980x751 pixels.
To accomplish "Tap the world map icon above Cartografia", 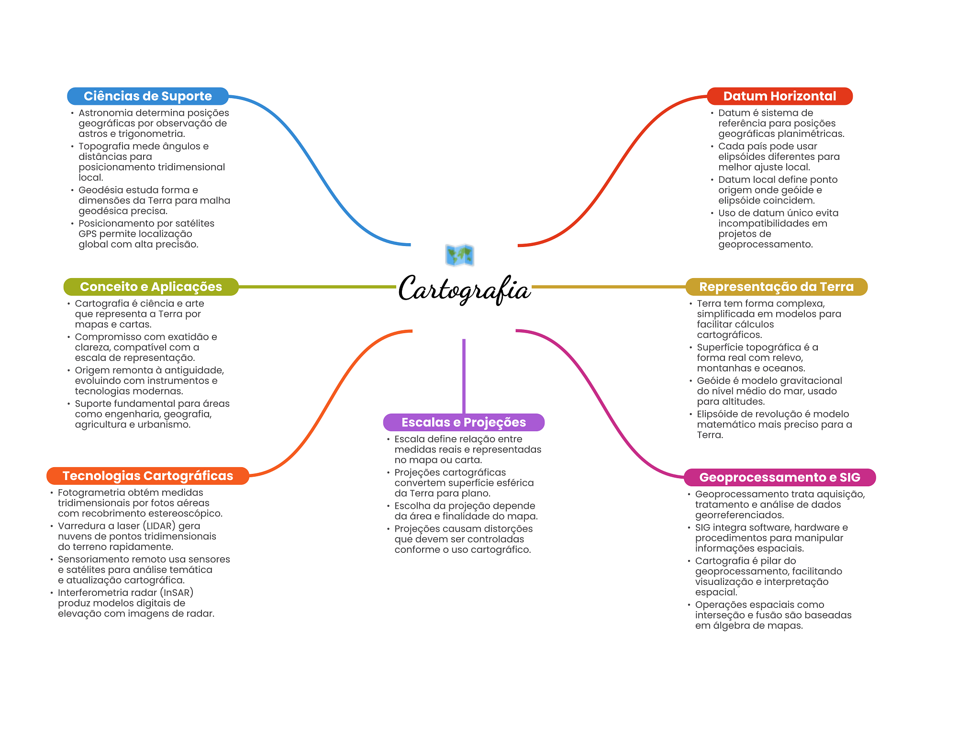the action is [459, 255].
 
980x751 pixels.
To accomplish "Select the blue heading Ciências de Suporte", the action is [147, 96].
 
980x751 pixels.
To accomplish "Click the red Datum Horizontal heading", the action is [780, 96].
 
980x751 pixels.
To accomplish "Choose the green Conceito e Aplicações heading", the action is [151, 287].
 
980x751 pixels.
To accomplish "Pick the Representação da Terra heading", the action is [776, 287].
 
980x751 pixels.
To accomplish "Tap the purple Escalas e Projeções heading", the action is [463, 422].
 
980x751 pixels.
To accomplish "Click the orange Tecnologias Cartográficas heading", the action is [147, 476].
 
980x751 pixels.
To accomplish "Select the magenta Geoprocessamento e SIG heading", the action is [780, 477].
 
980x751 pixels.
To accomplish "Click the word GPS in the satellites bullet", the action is [88, 234].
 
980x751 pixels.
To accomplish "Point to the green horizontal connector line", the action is [316, 287].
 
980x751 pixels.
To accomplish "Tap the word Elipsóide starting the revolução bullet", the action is [718, 414].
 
